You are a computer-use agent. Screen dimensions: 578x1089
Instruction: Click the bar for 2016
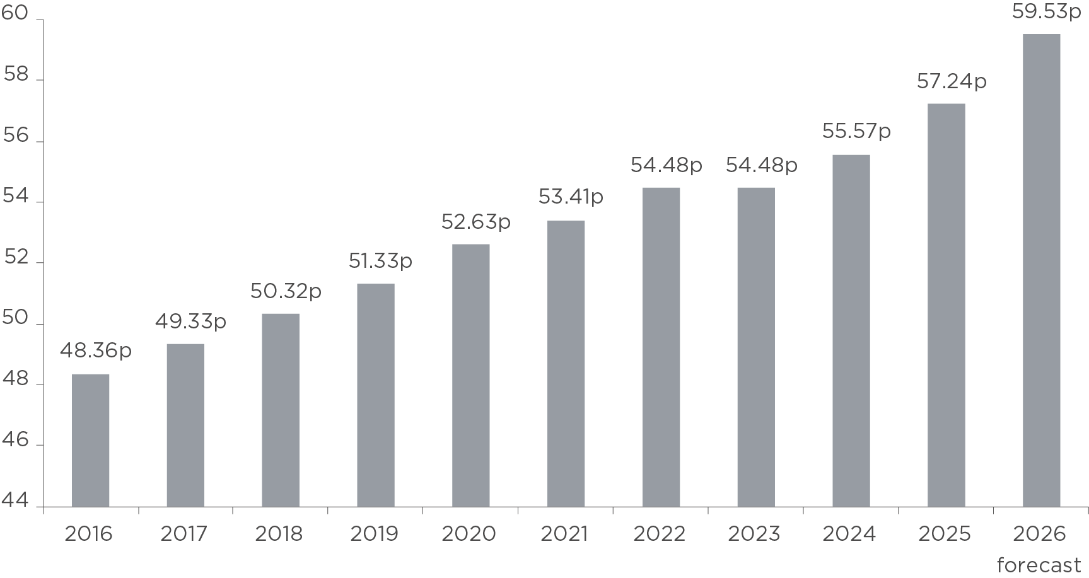pos(91,440)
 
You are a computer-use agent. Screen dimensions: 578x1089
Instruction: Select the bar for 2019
pos(376,395)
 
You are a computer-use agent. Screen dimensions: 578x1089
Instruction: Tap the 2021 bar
pos(566,364)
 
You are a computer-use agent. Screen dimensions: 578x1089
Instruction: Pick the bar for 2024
pos(851,330)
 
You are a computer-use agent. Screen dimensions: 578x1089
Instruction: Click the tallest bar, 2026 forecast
pos(1041,270)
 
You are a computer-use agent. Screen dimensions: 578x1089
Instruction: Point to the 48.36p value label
pos(96,350)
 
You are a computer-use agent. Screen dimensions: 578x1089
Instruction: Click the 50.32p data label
pos(286,291)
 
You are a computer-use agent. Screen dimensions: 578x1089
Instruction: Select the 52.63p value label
pos(475,222)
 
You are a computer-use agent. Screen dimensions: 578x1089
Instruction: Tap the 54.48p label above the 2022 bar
pos(667,165)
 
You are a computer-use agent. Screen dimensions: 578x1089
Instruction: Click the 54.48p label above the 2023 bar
pos(761,165)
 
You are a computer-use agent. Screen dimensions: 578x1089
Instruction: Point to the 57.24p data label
pos(952,81)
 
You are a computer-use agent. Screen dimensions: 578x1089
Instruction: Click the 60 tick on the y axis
pos(15,14)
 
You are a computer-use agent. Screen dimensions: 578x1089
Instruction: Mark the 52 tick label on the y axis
pos(16,258)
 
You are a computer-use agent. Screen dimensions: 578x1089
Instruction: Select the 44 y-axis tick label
pos(15,501)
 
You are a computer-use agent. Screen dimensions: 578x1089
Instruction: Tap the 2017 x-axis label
pos(183,535)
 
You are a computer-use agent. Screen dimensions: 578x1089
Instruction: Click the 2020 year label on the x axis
pos(469,535)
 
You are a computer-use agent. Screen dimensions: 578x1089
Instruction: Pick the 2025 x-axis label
pos(944,535)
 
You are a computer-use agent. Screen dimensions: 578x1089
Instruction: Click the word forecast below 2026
pos(1039,565)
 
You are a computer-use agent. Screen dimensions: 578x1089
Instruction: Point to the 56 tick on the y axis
pos(16,136)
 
